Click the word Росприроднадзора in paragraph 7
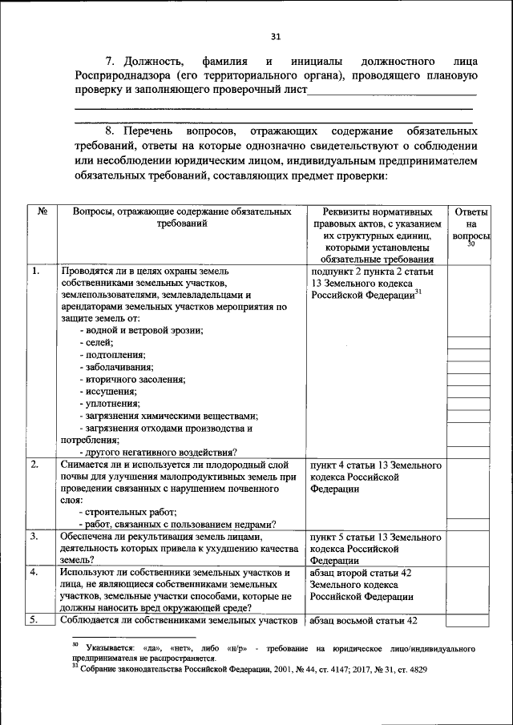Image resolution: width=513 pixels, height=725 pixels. (115, 75)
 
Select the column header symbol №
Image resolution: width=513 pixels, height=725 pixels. (42, 211)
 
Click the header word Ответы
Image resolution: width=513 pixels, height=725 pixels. (471, 211)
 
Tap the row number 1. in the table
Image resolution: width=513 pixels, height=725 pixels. (36, 272)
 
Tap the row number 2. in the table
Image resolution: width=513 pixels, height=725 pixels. (36, 465)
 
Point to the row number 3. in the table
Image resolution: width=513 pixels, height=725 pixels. (36, 535)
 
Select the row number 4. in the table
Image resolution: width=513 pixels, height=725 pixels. (36, 573)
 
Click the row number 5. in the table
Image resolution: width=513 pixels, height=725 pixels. (36, 620)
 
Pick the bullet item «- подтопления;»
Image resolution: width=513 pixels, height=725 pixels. (113, 354)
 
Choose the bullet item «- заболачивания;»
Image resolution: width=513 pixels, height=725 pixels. (117, 366)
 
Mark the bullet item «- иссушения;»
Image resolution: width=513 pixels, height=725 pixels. (109, 391)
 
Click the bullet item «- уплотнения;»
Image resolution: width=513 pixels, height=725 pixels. (111, 403)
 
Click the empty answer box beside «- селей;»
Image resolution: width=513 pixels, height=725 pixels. (470, 343)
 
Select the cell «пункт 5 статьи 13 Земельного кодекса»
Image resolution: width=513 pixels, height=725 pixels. (375, 542)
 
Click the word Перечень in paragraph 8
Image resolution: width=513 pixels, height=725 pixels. (155, 130)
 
